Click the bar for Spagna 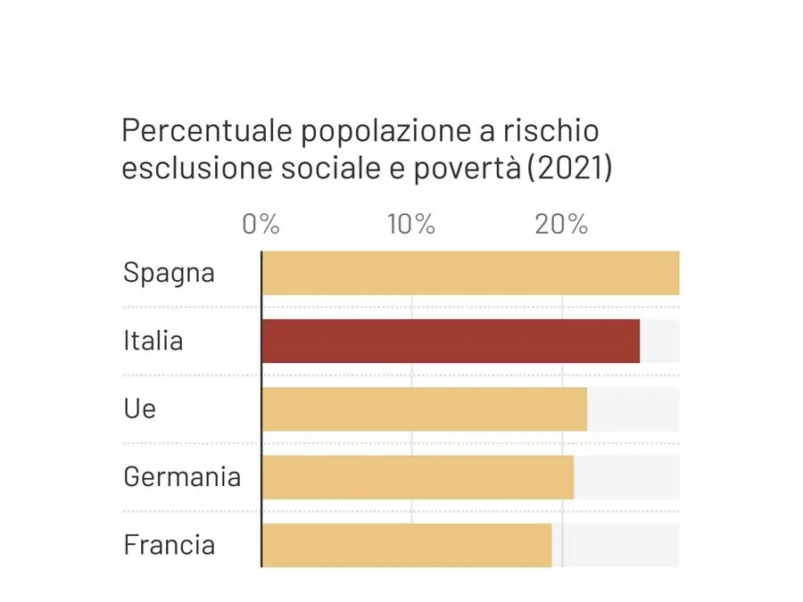click(470, 273)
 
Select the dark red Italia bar click(451, 341)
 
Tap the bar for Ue click(424, 408)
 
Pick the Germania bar click(418, 477)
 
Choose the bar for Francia click(407, 545)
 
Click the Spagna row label click(169, 273)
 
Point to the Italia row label click(153, 341)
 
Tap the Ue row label click(139, 408)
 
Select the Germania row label click(182, 477)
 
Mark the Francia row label click(169, 545)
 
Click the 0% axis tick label click(261, 224)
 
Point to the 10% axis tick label click(411, 224)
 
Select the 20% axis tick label click(562, 224)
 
